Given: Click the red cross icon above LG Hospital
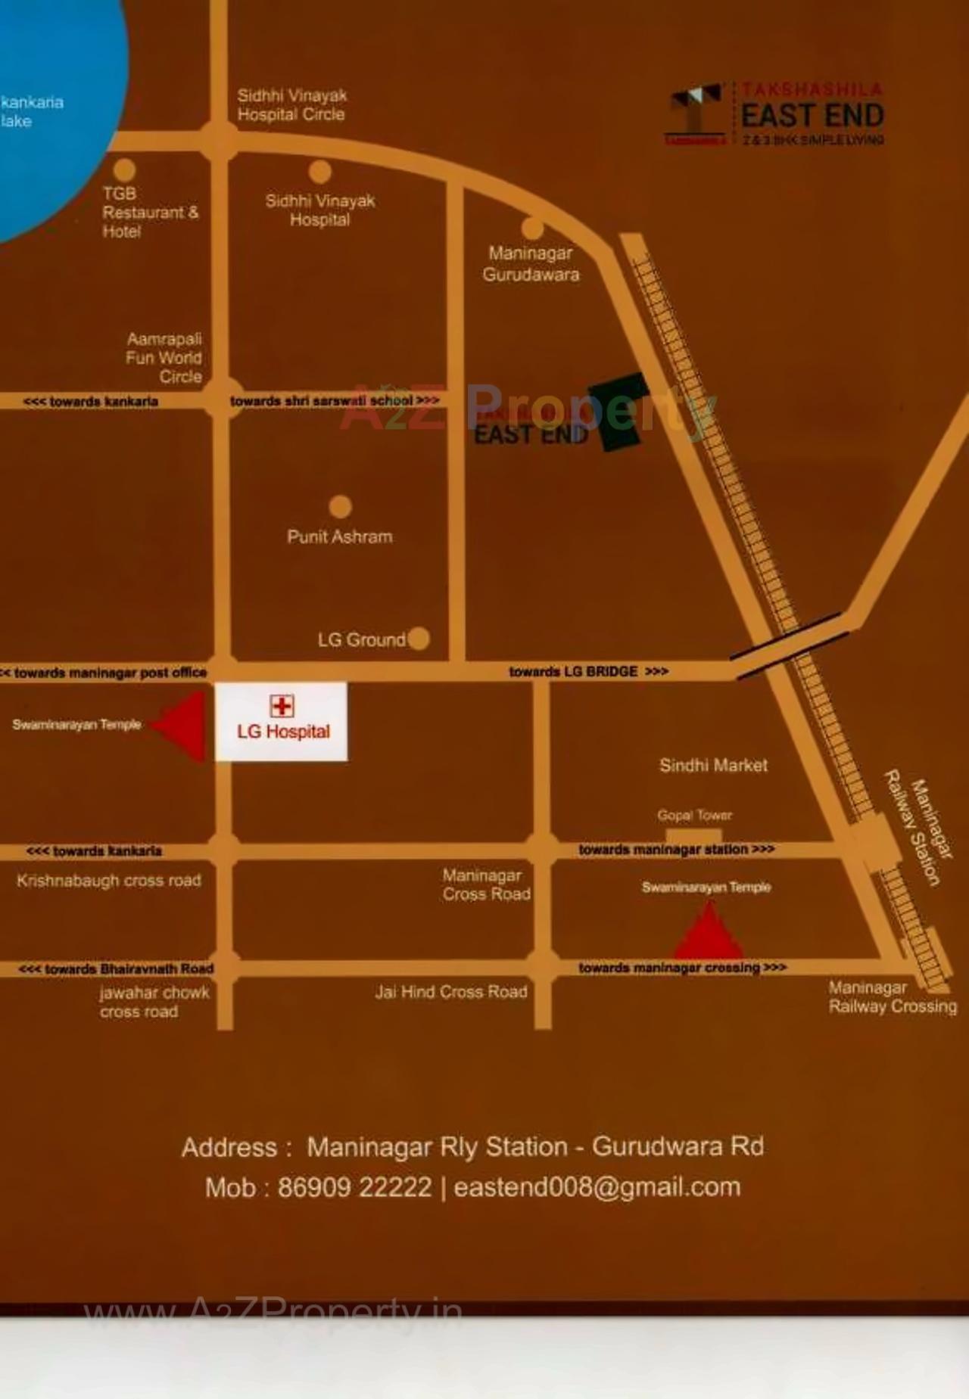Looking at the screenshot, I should (x=282, y=706).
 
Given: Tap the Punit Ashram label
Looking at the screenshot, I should (x=340, y=536).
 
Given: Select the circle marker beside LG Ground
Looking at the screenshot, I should (x=419, y=639).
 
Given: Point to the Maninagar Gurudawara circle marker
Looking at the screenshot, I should (x=532, y=228).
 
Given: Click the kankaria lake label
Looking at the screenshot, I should (x=31, y=111).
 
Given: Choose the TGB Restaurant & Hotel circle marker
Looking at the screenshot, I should (x=124, y=169).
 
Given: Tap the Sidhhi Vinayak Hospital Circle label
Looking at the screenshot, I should (x=291, y=105).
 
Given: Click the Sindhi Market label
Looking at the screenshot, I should (x=713, y=765).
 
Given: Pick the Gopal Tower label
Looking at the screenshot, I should (x=694, y=815).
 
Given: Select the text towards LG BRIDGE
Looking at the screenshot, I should (x=588, y=671).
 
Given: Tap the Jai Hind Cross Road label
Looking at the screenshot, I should (x=451, y=991).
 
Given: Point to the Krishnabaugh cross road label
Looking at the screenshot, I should (x=109, y=880).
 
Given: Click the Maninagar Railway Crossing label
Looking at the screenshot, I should (x=892, y=997).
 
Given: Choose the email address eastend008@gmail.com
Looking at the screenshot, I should (x=597, y=1187).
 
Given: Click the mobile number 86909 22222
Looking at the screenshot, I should (x=354, y=1187).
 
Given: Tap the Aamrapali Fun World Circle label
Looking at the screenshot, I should (x=164, y=357).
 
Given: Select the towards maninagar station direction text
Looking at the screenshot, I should (x=676, y=849).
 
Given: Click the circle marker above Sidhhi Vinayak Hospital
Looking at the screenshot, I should (x=319, y=172).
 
